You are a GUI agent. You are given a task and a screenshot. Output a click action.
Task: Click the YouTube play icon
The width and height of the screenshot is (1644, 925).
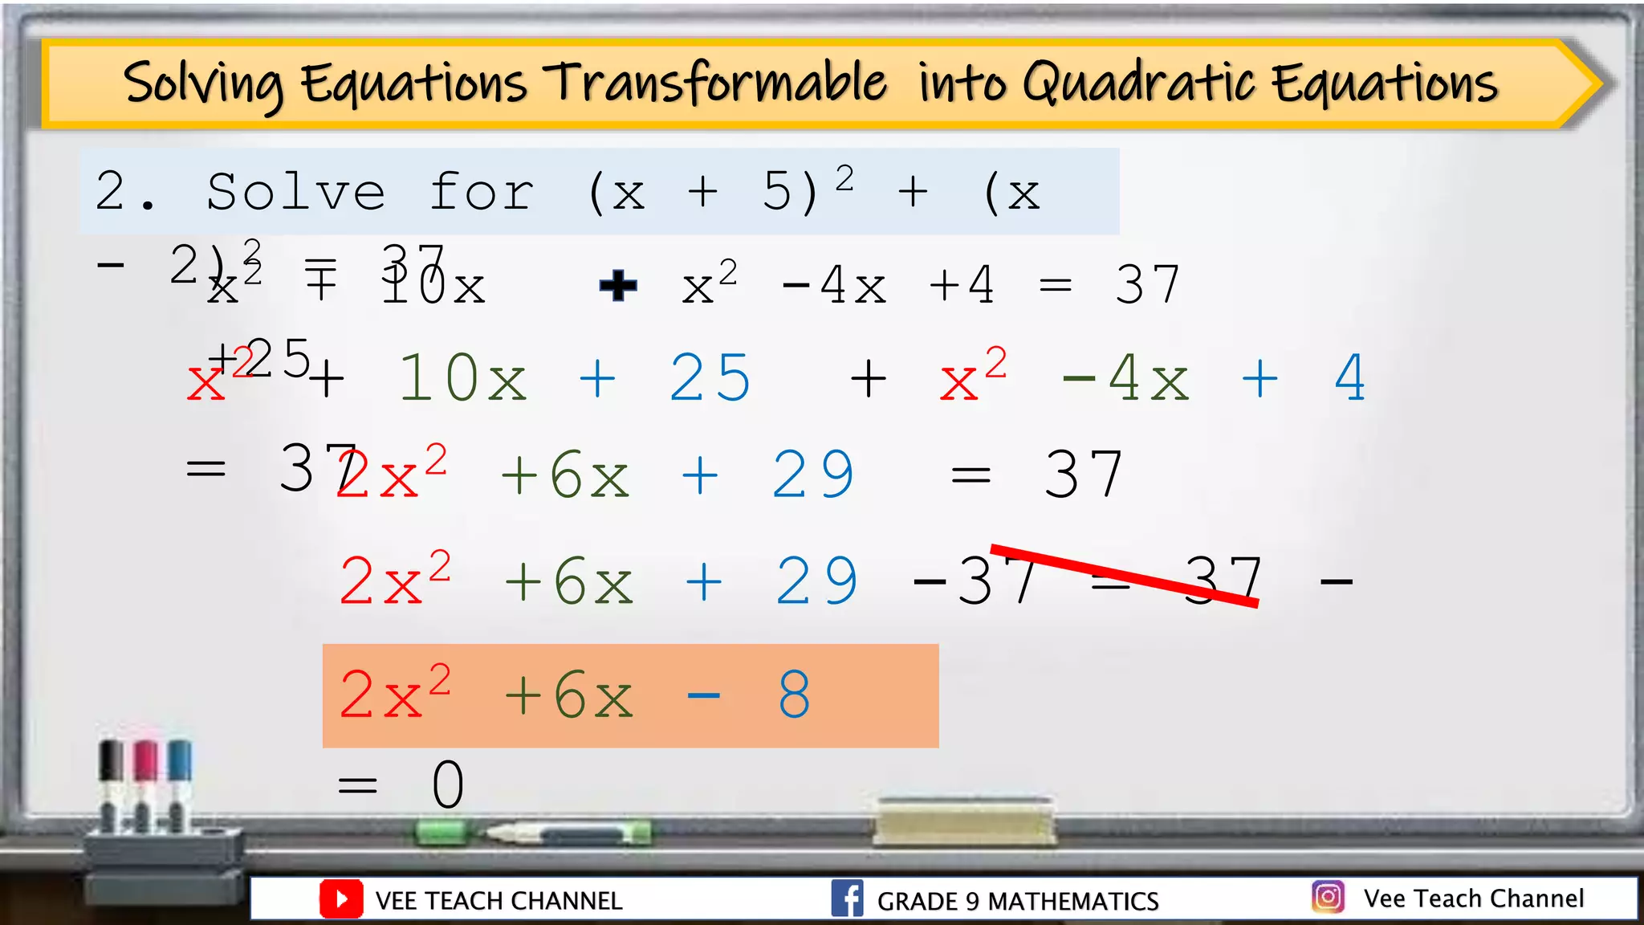tap(340, 899)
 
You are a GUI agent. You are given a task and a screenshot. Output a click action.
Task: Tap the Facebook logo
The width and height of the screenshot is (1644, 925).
tap(847, 899)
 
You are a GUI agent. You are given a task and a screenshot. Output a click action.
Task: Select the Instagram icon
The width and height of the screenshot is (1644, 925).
tap(1328, 896)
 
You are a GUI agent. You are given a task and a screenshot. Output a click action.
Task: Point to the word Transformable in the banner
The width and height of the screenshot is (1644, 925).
tap(714, 84)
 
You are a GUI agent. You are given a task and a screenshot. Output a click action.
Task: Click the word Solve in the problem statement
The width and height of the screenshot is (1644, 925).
tap(295, 192)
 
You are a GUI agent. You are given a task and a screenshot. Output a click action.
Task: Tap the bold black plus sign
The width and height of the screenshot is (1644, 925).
tap(618, 286)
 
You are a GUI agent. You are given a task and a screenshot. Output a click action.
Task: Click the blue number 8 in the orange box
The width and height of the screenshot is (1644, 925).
tap(794, 695)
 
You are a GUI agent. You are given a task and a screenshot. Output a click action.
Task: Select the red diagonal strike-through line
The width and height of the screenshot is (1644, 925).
tap(1124, 575)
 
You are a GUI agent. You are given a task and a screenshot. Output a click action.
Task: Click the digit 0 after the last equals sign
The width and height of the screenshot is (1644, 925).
tap(448, 785)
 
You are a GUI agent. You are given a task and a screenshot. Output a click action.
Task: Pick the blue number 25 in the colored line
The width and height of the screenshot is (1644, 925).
tap(710, 378)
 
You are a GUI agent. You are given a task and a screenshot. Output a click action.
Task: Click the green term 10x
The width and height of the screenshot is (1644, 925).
tap(462, 378)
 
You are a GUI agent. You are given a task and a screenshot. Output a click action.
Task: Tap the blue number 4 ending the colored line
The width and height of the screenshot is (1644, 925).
tap(1349, 378)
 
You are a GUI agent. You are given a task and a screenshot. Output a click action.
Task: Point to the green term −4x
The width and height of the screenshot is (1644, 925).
tap(1125, 378)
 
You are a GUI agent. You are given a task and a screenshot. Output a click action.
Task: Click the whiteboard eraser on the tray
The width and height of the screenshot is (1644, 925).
tap(964, 821)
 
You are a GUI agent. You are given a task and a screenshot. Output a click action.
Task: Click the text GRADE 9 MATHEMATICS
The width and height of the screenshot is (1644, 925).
tap(1017, 901)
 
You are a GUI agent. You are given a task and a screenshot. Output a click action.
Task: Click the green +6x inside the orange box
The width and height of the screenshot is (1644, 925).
tap(568, 695)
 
